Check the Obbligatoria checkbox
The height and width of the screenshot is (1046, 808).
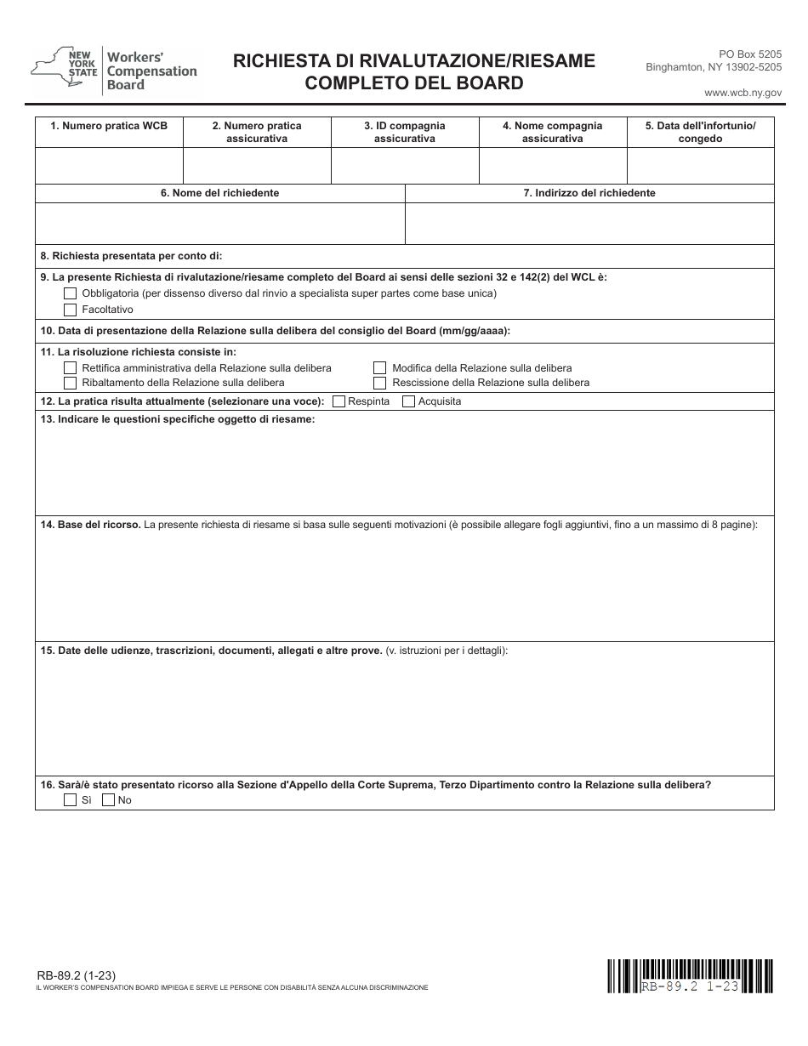(71, 293)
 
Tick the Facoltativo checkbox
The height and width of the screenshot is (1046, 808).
(71, 310)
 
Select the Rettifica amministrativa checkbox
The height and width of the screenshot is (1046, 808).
(71, 368)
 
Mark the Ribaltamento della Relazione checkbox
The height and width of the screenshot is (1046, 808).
(71, 383)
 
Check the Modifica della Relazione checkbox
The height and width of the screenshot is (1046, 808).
(380, 368)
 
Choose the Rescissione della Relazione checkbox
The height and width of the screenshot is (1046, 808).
(380, 383)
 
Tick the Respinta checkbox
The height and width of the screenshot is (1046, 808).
(339, 401)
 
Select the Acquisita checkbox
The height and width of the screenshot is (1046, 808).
(408, 401)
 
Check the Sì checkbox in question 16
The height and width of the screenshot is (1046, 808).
(71, 800)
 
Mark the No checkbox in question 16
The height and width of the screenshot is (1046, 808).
(108, 800)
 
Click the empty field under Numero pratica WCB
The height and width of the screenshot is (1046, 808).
(109, 166)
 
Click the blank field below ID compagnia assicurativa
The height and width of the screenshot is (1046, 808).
(405, 166)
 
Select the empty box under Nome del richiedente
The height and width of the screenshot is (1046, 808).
(219, 224)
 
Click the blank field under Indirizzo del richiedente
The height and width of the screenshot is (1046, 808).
(589, 224)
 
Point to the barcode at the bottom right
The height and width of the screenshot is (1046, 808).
(690, 975)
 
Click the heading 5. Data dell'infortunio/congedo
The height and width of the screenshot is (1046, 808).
(700, 132)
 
